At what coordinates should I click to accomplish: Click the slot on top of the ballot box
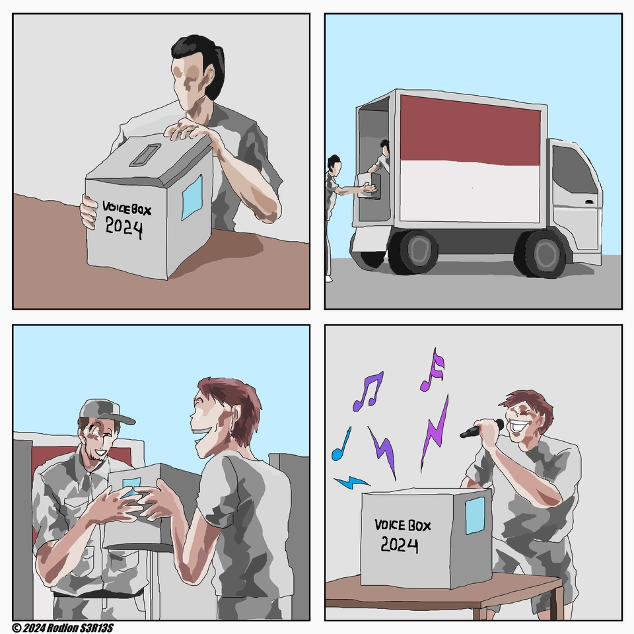(145, 155)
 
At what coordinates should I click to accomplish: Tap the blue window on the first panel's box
(192, 197)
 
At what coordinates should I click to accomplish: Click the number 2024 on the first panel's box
(123, 228)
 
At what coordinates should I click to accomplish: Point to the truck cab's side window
(573, 170)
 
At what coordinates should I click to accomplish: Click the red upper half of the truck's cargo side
(470, 130)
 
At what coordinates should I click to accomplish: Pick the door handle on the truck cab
(589, 202)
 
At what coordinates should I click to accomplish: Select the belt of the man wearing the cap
(97, 594)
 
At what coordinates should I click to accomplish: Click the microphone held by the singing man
(482, 429)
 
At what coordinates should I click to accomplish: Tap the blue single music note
(341, 444)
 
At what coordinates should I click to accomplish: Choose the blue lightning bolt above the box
(351, 482)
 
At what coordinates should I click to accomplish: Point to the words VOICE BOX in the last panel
(403, 525)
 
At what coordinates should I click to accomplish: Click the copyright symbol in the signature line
(17, 627)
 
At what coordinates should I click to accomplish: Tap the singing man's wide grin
(519, 426)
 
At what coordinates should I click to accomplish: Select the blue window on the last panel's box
(475, 516)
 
